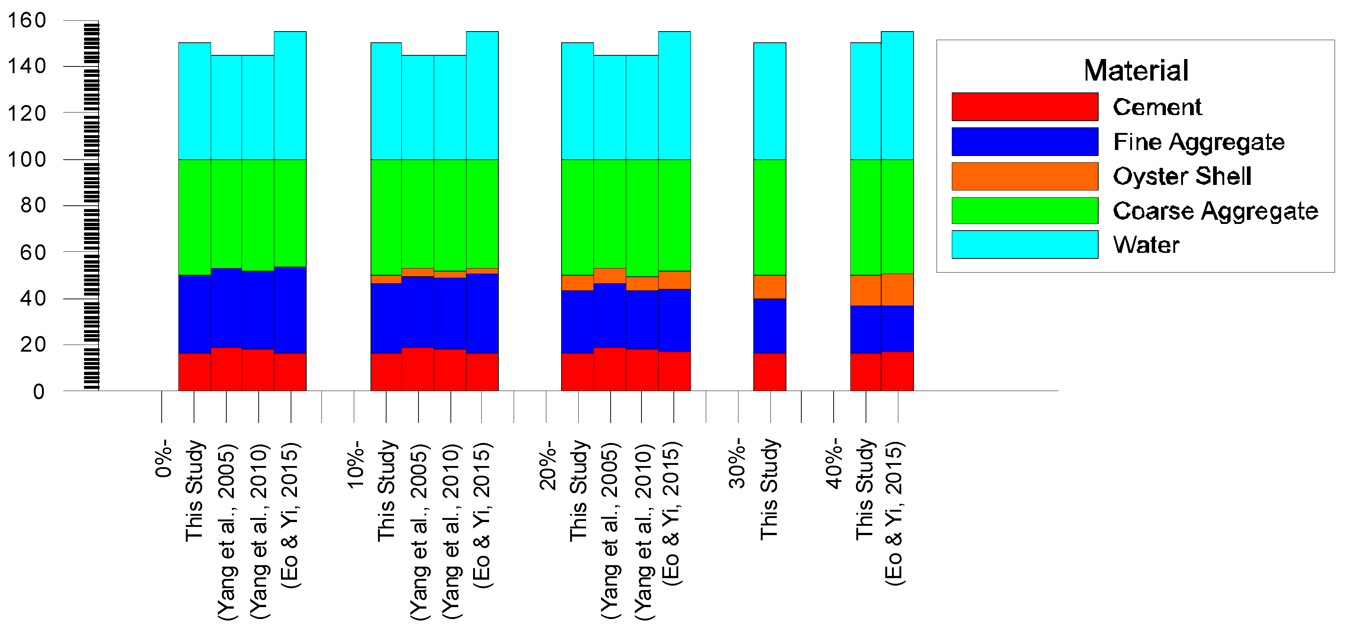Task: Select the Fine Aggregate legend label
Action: pyautogui.click(x=1198, y=142)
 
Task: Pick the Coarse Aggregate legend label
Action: pyautogui.click(x=1215, y=211)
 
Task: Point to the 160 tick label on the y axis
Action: pyautogui.click(x=26, y=20)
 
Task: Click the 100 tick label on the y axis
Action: pyautogui.click(x=26, y=159)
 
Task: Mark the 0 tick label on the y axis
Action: pyautogui.click(x=38, y=391)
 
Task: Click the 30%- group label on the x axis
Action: pyautogui.click(x=737, y=463)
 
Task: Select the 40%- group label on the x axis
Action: pyautogui.click(x=834, y=463)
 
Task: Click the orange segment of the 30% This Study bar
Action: pyautogui.click(x=769, y=286)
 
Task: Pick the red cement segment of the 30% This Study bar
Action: pyautogui.click(x=769, y=372)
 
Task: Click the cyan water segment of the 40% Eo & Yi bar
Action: pyautogui.click(x=897, y=95)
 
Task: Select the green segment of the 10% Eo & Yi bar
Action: pyautogui.click(x=482, y=213)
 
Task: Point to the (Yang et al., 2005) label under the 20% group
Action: pyautogui.click(x=610, y=531)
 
